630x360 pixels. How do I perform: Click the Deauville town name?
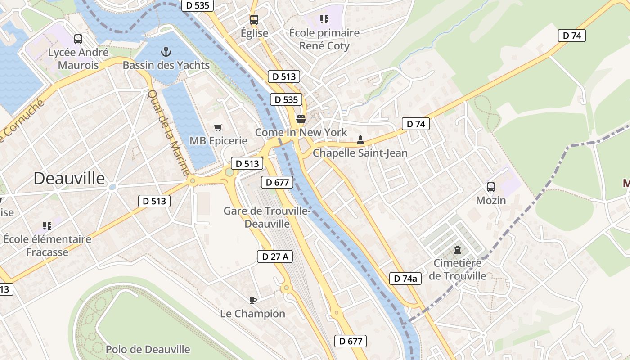point(69,179)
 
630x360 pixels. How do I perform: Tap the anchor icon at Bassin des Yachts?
point(166,52)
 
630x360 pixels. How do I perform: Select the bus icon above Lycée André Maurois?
point(78,39)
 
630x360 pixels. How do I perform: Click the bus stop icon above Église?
point(254,20)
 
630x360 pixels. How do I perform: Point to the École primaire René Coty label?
point(324,39)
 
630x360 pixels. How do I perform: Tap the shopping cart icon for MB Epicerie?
point(218,128)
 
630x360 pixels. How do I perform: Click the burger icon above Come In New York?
point(301,119)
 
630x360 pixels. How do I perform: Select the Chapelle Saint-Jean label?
point(360,153)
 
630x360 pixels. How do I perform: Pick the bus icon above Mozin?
point(491,187)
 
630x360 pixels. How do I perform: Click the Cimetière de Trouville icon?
point(458,249)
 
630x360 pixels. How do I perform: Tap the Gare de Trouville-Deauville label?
point(267,217)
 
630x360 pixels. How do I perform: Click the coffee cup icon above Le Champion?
point(252,300)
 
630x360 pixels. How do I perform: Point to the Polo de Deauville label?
point(148,349)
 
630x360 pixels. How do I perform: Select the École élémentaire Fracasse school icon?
point(47,226)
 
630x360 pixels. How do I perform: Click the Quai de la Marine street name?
point(169,133)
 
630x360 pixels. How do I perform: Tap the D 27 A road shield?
point(275,256)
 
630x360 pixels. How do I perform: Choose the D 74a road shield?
point(405,279)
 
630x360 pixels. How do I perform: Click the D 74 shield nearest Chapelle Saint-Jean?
point(415,124)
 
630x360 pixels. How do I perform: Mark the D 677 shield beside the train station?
point(277,182)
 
